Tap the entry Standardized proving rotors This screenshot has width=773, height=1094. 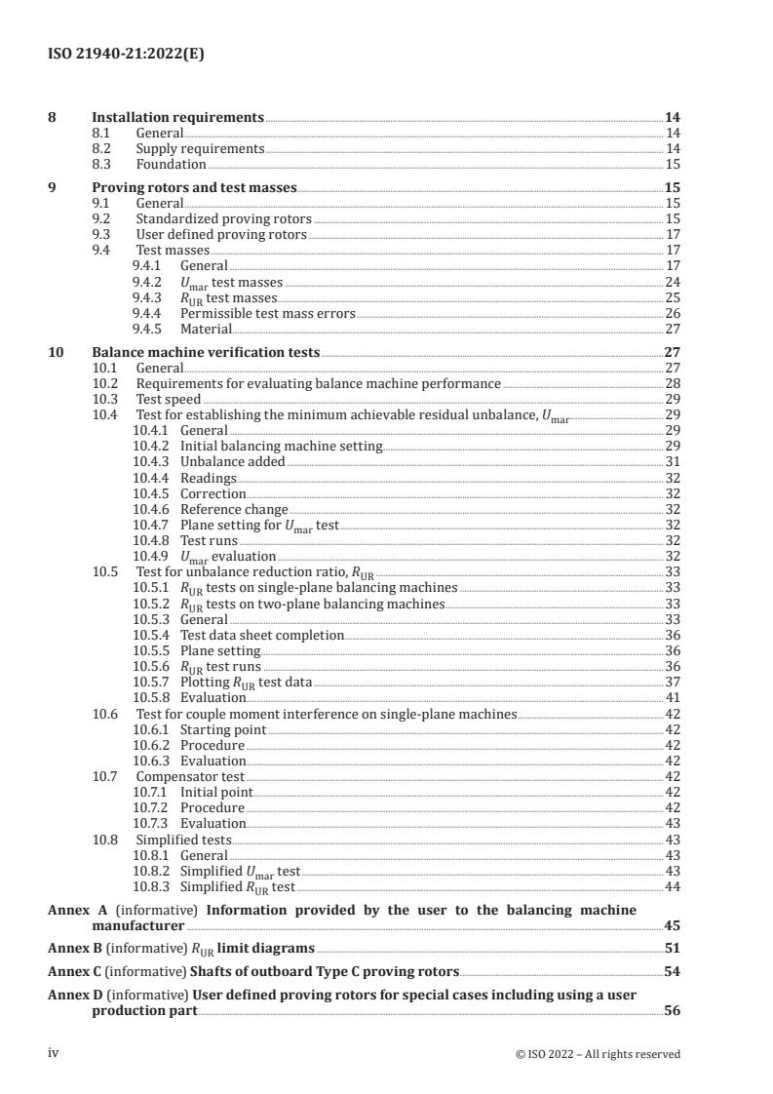[x=223, y=219]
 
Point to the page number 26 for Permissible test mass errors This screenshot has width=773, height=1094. [x=672, y=313]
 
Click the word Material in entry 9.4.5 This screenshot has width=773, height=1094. [x=207, y=329]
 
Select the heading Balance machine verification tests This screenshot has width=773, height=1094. [x=205, y=352]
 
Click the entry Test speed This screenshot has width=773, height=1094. [x=168, y=400]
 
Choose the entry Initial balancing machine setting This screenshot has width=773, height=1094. [x=281, y=447]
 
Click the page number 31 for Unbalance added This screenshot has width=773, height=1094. [x=672, y=462]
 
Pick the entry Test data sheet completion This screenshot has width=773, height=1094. [x=262, y=635]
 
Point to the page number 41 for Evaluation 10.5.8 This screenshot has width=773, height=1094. [x=672, y=697]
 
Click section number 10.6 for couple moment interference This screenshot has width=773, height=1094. [x=104, y=714]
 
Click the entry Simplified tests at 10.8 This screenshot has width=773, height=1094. [x=183, y=839]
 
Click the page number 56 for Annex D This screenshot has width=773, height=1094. [x=672, y=1012]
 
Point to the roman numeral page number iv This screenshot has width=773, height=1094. [x=55, y=1053]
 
